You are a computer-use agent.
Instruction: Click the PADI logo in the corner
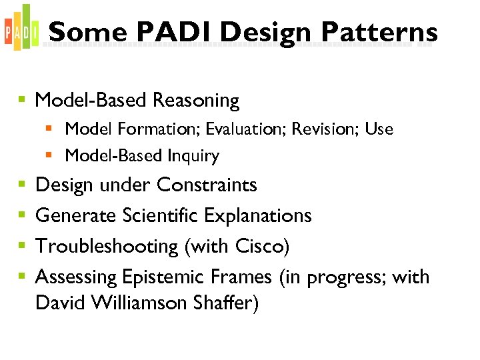[21, 29]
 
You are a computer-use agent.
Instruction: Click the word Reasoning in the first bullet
[195, 101]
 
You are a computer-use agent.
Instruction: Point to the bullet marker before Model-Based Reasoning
[21, 101]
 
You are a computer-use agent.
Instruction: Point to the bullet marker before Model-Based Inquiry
[49, 156]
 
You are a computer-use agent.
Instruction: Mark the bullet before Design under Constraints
[21, 185]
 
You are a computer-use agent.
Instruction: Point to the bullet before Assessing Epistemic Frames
[21, 277]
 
